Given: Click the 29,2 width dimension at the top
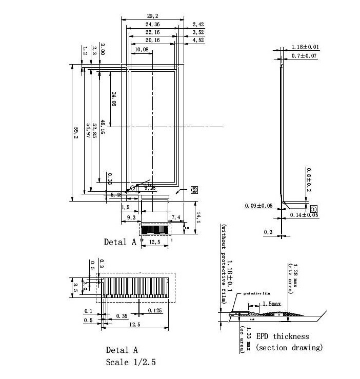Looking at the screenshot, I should (x=152, y=16).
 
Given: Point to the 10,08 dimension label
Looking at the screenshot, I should (x=142, y=50).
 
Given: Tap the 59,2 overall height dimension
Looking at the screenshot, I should (x=76, y=133).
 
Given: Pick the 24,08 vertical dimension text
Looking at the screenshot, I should (x=114, y=99).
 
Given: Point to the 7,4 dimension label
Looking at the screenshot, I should (x=175, y=218).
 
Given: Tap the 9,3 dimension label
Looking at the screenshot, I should (x=130, y=218).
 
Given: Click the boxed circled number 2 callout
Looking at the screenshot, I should (x=194, y=189).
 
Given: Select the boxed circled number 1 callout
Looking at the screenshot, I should (x=314, y=208).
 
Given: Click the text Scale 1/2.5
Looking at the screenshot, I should (x=130, y=362).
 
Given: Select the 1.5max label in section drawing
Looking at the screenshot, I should (x=271, y=304).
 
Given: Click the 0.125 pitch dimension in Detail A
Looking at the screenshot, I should (x=155, y=311).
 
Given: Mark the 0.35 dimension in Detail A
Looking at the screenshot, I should (x=122, y=316).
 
